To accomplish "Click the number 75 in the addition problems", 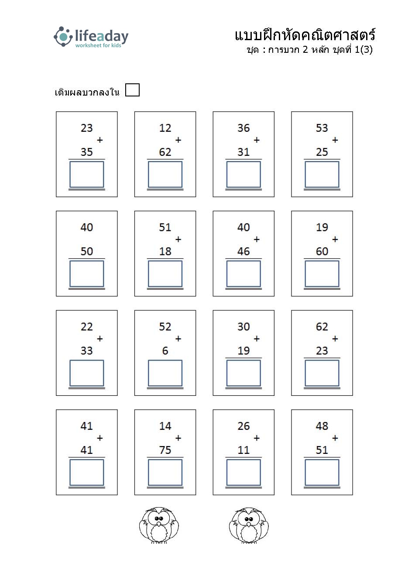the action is pos(165,450).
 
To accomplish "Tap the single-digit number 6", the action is pos(165,350).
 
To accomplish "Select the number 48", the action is pos(322,426).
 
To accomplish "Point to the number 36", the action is pos(244,128).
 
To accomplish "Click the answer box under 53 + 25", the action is pos(322,175).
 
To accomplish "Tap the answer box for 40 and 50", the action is pos(87,274).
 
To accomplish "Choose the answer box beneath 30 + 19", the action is pos(244,373).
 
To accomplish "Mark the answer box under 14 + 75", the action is pos(165,473).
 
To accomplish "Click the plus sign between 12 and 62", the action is pos(178,140).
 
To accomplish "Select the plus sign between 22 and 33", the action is pos(100,339).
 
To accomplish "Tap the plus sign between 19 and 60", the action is pos(335,239).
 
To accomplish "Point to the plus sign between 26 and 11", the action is pos(257,438).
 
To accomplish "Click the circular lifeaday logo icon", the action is pos(63,36).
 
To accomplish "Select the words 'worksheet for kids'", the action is pos(98,45).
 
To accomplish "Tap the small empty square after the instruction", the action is pos(132,90).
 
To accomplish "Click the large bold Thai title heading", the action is pos(305,35).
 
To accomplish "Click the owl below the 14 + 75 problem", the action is pos(159,525).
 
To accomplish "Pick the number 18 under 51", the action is pos(165,251).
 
